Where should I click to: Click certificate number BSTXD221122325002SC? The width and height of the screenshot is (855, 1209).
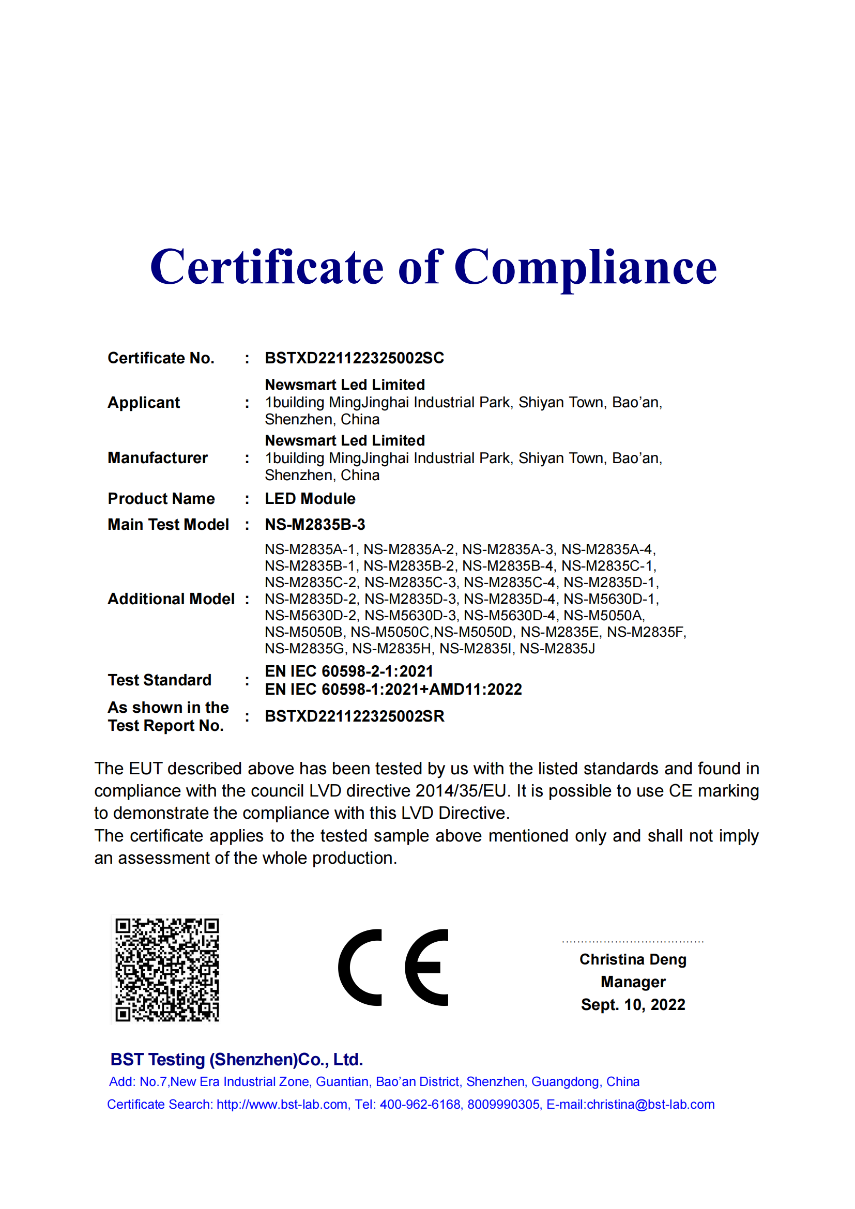tap(354, 358)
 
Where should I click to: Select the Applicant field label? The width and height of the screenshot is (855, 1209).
tap(144, 402)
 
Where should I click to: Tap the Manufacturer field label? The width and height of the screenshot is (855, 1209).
tap(158, 458)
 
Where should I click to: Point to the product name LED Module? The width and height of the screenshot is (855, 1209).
tap(310, 499)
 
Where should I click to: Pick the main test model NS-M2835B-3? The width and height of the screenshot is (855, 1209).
tap(315, 525)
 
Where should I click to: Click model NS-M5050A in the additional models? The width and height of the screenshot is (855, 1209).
tap(604, 616)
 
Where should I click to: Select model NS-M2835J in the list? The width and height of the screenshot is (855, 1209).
tap(557, 649)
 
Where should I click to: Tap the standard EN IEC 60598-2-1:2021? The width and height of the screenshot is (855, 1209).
tap(349, 671)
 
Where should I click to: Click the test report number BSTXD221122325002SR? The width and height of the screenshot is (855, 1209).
tap(354, 716)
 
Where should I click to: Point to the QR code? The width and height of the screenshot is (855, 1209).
tap(167, 970)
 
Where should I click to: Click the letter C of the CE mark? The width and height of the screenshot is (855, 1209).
tap(360, 968)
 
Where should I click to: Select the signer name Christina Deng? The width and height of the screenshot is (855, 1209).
tap(633, 959)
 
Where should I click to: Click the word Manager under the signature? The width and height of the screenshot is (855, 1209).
tap(633, 982)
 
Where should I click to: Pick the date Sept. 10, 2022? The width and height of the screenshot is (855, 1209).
tap(633, 1005)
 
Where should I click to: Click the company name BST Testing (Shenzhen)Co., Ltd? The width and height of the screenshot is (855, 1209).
tap(236, 1060)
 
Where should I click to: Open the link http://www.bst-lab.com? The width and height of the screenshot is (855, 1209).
tap(282, 1105)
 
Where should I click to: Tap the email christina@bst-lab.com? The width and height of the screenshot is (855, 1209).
tap(650, 1105)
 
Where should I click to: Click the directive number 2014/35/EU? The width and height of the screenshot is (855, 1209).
tap(461, 791)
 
